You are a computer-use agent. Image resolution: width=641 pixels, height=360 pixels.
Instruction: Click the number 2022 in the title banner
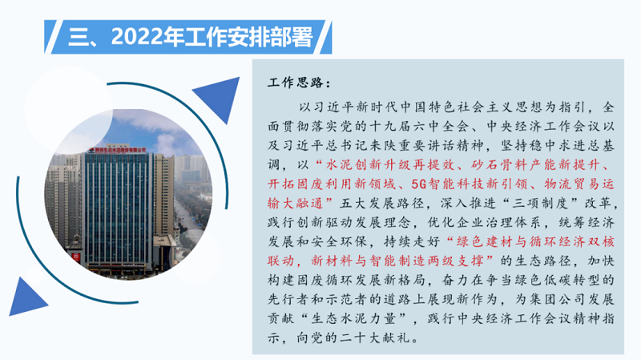coord(136,37)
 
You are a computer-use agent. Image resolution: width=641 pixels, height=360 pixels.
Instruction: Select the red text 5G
coord(418,184)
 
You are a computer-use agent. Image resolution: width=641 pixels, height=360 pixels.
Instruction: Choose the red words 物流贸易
coord(571,184)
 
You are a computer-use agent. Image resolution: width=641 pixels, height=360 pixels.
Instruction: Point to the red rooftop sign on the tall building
coord(117,150)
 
